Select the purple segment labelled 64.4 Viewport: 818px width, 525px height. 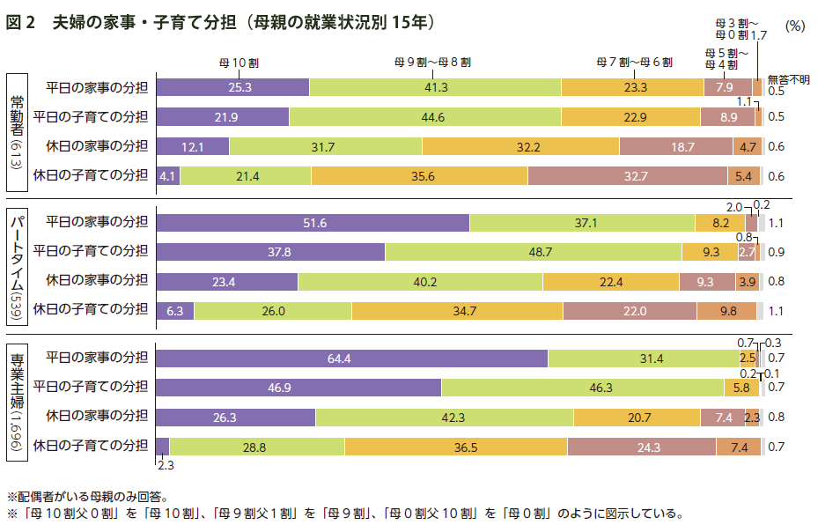pos(351,358)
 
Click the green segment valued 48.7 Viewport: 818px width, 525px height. pos(534,252)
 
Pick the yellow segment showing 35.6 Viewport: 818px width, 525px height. pos(418,176)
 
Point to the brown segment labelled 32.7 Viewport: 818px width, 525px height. pos(628,176)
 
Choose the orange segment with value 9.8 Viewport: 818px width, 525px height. pos(726,310)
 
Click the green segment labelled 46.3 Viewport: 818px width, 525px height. pos(582,387)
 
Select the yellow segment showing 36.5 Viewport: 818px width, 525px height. pos(455,447)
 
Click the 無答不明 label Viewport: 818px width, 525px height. pos(788,78)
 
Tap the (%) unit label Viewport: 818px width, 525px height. pos(795,26)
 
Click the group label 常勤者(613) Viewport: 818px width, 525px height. pos(17,133)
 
